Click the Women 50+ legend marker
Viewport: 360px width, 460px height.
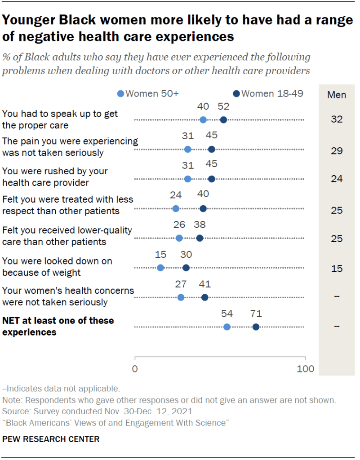(x=120, y=94)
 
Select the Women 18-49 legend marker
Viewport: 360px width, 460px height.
(x=236, y=94)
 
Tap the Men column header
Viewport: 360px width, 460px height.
(x=336, y=94)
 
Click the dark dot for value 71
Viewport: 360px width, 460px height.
(x=256, y=327)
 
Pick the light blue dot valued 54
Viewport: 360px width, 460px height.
(x=227, y=327)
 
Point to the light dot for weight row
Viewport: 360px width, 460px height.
(x=160, y=268)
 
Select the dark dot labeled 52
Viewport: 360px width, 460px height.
(x=223, y=119)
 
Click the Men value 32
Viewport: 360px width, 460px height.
(x=336, y=119)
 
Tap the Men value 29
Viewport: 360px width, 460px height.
(x=336, y=151)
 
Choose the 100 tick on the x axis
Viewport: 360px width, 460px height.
(x=306, y=369)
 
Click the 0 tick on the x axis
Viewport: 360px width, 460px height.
(x=135, y=369)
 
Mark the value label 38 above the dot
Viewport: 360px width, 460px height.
(x=200, y=225)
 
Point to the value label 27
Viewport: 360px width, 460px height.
(x=180, y=284)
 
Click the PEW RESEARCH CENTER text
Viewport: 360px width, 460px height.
(x=51, y=439)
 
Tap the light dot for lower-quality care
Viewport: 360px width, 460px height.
(x=179, y=238)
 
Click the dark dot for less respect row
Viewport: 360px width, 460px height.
(x=203, y=208)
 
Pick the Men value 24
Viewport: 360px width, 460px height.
(x=336, y=179)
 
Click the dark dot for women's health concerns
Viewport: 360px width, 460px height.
(x=204, y=297)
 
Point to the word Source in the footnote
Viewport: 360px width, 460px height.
(x=15, y=411)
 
